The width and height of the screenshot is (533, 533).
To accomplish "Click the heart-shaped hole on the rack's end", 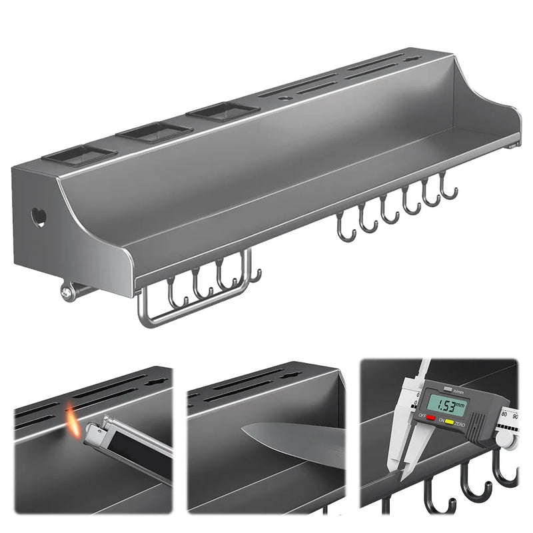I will pos(39,217).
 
